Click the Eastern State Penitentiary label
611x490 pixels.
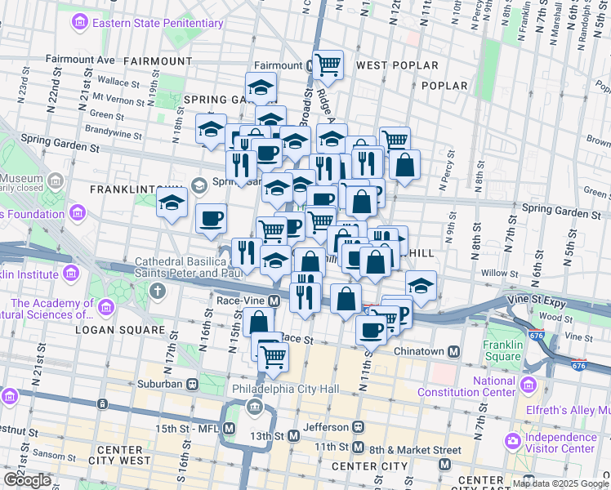point(157,23)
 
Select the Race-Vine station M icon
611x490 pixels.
point(274,301)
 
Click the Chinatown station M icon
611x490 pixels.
point(456,351)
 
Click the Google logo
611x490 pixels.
point(27,480)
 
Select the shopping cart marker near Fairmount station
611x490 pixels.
point(327,64)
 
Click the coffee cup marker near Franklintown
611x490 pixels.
point(212,218)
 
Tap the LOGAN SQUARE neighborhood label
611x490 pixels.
point(119,330)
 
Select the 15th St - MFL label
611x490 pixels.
point(188,428)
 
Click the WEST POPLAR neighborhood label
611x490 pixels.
point(397,65)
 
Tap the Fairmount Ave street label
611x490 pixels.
point(81,60)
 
